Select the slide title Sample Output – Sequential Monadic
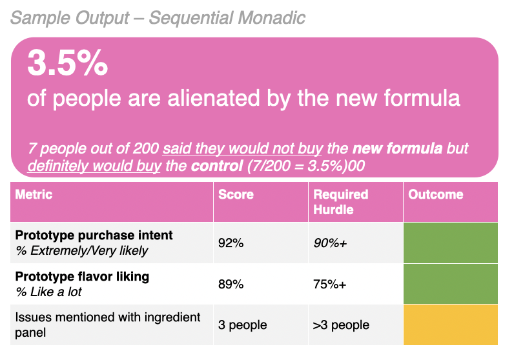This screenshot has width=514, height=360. coord(158,17)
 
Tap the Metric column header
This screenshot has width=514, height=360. coord(34,194)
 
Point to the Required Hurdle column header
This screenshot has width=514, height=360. coord(340,201)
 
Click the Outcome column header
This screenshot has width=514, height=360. coord(436,194)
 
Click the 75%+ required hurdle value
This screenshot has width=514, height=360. coord(329,284)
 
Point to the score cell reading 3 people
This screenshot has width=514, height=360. coord(242,325)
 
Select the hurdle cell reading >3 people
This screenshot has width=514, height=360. coord(340,325)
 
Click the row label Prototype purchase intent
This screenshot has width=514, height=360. coord(94,235)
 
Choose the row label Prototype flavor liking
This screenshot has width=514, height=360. coord(82,276)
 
